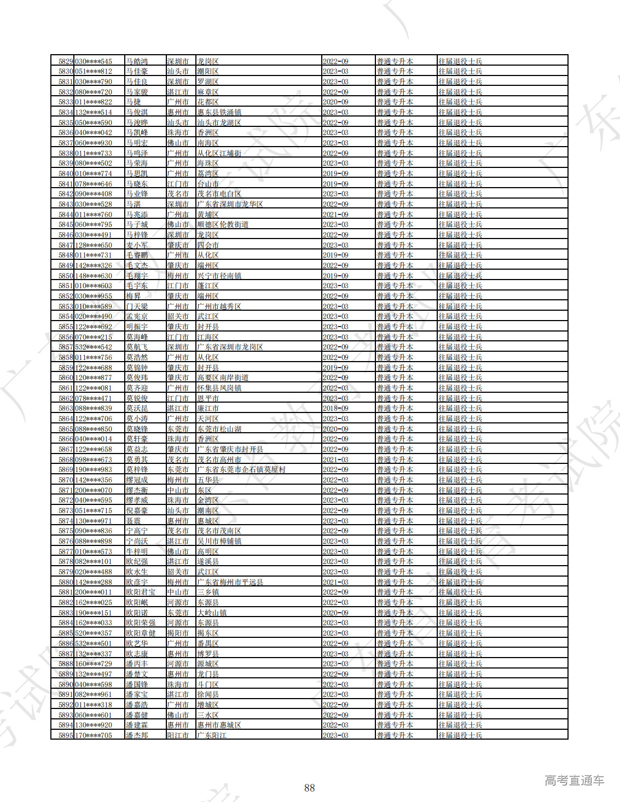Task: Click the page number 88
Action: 309,787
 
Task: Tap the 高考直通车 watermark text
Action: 574,781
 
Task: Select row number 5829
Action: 66,61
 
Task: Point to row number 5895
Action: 66,735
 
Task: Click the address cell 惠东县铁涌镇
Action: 219,112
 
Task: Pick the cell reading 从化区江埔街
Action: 219,153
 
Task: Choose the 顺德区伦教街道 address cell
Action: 223,224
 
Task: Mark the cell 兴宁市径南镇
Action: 219,276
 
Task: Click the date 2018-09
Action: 335,408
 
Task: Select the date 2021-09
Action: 335,214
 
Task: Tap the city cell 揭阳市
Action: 178,633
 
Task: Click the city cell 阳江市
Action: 178,735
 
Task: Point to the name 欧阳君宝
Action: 141,592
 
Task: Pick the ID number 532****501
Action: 93,643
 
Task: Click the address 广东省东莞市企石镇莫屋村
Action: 241,469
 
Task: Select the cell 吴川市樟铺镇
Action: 219,541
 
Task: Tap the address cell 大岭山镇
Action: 212,613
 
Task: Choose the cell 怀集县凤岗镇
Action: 219,388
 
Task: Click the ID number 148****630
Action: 93,276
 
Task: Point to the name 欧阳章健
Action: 141,633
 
